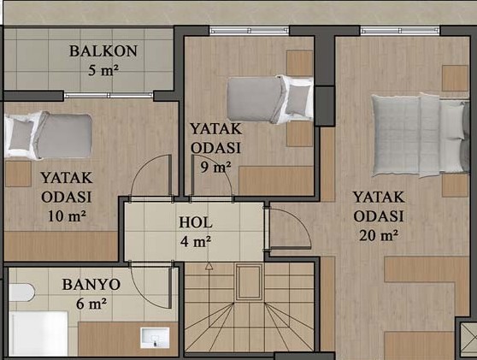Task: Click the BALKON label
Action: [103, 51]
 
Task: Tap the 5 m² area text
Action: [103, 71]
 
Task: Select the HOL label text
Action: [195, 222]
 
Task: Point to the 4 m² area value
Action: [195, 242]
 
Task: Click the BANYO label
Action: [91, 285]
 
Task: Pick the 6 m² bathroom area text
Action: [91, 304]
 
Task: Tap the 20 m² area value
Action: [379, 235]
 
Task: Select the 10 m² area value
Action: [67, 216]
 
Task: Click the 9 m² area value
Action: [215, 167]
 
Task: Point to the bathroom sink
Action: [155, 338]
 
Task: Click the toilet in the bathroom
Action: [21, 292]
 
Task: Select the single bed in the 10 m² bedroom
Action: [48, 135]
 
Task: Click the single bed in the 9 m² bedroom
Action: [270, 99]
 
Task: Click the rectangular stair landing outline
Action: [249, 282]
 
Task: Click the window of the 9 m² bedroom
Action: [249, 31]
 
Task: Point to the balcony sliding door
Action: [109, 95]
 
